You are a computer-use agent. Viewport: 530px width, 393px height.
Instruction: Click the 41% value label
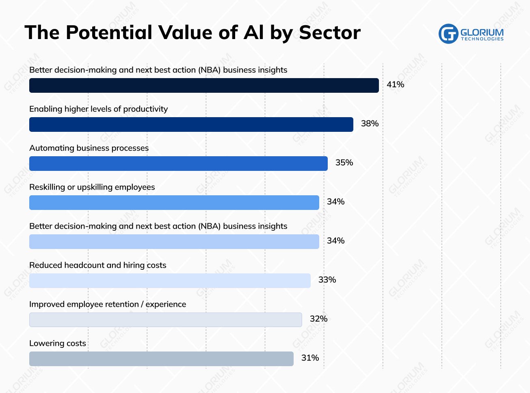pyautogui.click(x=395, y=85)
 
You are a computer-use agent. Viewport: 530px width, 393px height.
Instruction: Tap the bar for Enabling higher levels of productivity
pyautogui.click(x=191, y=124)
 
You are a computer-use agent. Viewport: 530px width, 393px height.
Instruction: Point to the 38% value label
pyautogui.click(x=370, y=124)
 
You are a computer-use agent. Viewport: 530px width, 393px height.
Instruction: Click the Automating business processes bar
pyautogui.click(x=178, y=164)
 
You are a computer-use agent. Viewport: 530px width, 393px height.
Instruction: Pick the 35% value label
pyautogui.click(x=344, y=163)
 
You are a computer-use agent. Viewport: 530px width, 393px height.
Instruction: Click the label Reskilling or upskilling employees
pyautogui.click(x=92, y=187)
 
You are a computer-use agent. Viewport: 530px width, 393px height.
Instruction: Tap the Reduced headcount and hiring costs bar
pyautogui.click(x=170, y=281)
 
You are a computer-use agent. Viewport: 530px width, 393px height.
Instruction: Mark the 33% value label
pyautogui.click(x=327, y=280)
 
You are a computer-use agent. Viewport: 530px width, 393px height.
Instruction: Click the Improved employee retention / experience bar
pyautogui.click(x=165, y=320)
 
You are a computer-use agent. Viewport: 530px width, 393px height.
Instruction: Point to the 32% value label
pyautogui.click(x=318, y=319)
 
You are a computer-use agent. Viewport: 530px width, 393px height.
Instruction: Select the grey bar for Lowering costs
pyautogui.click(x=161, y=359)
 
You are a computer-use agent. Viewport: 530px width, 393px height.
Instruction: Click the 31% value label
pyautogui.click(x=310, y=358)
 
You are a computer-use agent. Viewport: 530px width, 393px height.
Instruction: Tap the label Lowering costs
pyautogui.click(x=58, y=343)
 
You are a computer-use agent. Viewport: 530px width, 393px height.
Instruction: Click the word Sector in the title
pyautogui.click(x=330, y=33)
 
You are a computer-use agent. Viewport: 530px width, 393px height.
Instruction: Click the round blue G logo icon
pyautogui.click(x=448, y=34)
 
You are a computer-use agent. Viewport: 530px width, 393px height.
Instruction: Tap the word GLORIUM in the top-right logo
pyautogui.click(x=482, y=32)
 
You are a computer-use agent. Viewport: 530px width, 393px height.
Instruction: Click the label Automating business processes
pyautogui.click(x=89, y=148)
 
